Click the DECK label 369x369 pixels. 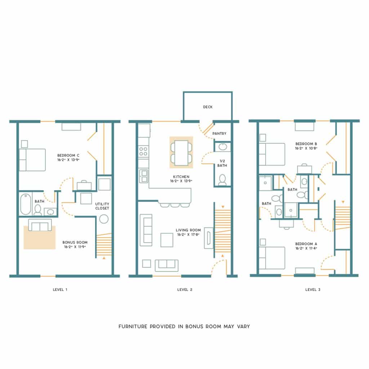click(208, 107)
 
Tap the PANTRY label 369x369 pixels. click(219, 134)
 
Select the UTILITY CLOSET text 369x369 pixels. click(102, 206)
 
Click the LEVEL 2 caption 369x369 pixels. click(184, 289)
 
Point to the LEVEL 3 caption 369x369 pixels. click(313, 289)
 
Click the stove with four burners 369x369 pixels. click(143, 151)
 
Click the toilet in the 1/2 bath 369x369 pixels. click(222, 180)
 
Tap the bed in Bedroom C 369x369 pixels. click(32, 160)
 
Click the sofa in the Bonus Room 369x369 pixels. click(39, 225)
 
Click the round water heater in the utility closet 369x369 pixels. click(104, 219)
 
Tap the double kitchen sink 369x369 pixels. click(144, 176)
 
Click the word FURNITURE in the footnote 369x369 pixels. click(133, 326)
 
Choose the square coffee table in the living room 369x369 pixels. click(167, 240)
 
